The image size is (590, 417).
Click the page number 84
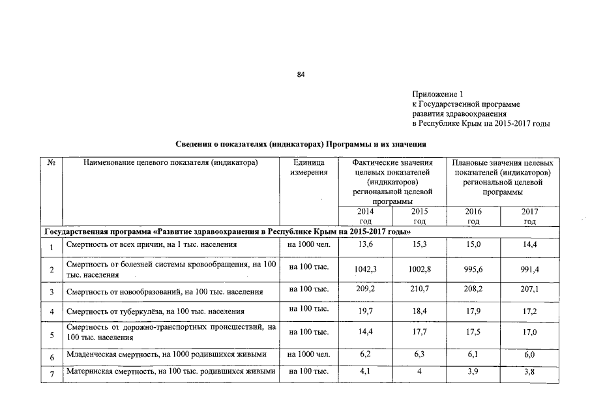click(301, 75)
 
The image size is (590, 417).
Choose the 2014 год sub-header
click(366, 217)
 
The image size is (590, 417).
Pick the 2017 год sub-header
click(529, 217)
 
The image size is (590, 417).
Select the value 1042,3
click(366, 268)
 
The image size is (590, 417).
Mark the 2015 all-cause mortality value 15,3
click(419, 245)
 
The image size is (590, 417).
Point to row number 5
click(51, 336)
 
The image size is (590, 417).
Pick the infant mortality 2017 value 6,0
click(529, 356)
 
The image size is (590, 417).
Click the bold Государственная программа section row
click(226, 231)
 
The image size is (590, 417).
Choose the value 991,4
click(529, 268)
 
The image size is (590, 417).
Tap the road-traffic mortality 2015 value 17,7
click(419, 332)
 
